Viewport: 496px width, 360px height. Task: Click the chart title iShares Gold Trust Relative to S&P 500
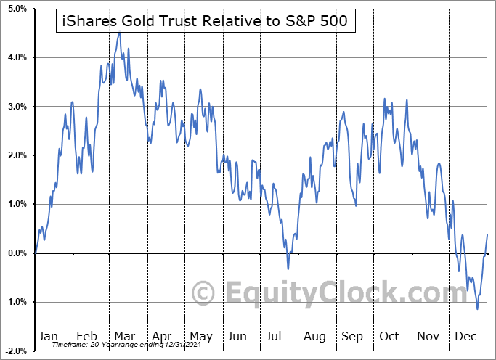click(x=206, y=22)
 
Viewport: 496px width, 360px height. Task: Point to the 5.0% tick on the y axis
click(x=17, y=9)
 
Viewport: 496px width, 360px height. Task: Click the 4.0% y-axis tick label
click(x=17, y=57)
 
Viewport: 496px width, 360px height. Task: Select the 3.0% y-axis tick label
click(x=17, y=107)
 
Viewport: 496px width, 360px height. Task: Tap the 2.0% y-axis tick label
click(x=17, y=155)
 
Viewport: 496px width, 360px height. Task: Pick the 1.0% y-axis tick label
click(x=17, y=204)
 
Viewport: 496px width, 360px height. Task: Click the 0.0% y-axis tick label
click(x=17, y=253)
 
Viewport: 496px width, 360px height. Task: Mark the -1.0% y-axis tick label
click(x=16, y=302)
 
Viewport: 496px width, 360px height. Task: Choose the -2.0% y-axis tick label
click(x=16, y=351)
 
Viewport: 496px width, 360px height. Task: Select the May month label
click(x=200, y=336)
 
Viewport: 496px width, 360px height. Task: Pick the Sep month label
click(x=352, y=336)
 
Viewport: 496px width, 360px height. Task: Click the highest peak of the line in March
click(x=119, y=32)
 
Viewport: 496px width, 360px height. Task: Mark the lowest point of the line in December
click(x=477, y=309)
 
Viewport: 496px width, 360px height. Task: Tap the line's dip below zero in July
click(x=288, y=269)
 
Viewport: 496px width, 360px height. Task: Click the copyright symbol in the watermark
click(x=204, y=294)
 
